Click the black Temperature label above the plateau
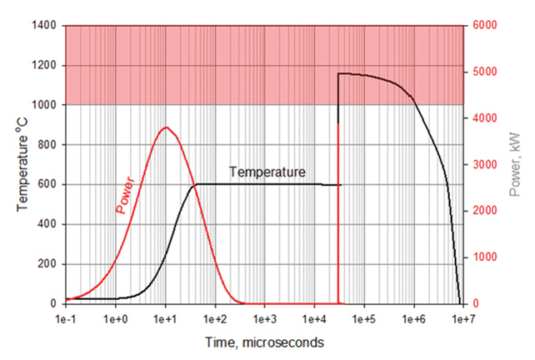(x=267, y=172)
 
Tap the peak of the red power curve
(x=167, y=127)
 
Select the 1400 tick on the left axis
(x=43, y=26)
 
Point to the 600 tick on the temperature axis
(x=47, y=184)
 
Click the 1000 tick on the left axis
(x=43, y=105)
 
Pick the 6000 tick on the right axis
(x=486, y=26)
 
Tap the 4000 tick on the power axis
(x=486, y=118)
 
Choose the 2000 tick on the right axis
(x=486, y=212)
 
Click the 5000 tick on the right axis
(x=486, y=72)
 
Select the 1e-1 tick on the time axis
(x=65, y=320)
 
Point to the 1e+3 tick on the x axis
(x=265, y=320)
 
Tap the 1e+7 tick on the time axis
(x=464, y=320)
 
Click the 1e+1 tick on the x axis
(x=165, y=320)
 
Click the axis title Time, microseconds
(x=265, y=342)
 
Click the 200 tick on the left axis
(x=47, y=264)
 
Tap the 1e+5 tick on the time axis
(x=364, y=320)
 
